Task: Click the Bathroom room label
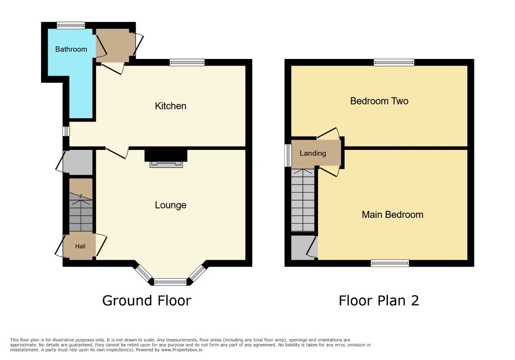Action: tap(71, 49)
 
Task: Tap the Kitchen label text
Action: tap(171, 106)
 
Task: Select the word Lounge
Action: tap(171, 205)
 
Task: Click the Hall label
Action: tap(80, 246)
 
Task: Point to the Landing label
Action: tap(313, 153)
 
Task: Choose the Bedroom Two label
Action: tap(379, 101)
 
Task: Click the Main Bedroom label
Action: tap(393, 215)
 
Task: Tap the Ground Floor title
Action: tap(146, 300)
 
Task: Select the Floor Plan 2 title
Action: tap(379, 300)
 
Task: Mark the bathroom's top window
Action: tap(71, 25)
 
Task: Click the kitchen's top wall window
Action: tap(187, 63)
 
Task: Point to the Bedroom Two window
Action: tap(394, 63)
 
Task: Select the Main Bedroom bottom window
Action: tap(390, 263)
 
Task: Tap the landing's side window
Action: tap(288, 155)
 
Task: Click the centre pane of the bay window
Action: tap(170, 282)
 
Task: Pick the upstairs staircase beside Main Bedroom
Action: tap(303, 200)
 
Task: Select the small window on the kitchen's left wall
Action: tap(66, 131)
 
